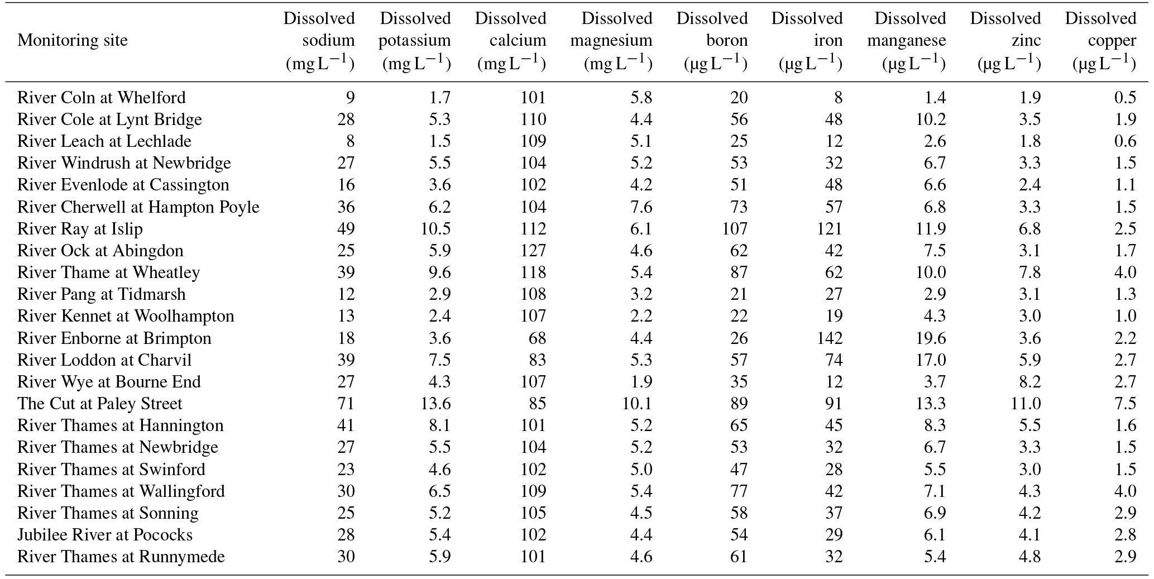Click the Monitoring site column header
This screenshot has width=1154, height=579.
(73, 40)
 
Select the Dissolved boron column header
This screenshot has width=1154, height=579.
(712, 41)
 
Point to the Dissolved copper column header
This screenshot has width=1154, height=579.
(1100, 41)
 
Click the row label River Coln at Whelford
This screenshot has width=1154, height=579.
(102, 98)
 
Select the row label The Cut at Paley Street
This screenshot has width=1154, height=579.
(100, 404)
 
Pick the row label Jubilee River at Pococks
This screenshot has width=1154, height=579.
(105, 535)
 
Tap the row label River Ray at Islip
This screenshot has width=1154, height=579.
(80, 229)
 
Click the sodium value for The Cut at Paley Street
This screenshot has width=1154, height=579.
(346, 404)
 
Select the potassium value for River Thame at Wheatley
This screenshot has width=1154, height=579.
(439, 272)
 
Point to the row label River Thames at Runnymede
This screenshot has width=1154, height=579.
(121, 557)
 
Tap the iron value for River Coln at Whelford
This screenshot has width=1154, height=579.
(838, 98)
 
